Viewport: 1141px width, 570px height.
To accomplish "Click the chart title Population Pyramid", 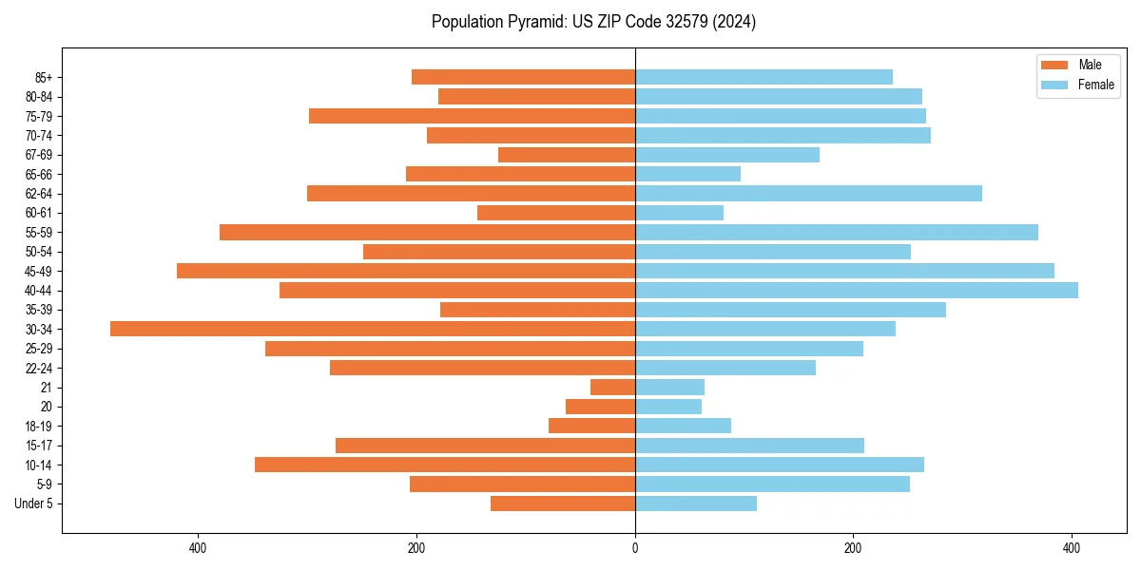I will click(x=593, y=22).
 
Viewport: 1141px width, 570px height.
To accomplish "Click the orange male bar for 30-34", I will click(x=373, y=329).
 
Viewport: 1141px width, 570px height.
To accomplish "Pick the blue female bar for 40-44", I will click(x=857, y=290).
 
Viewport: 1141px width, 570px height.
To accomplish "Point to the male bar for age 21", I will click(x=612, y=387).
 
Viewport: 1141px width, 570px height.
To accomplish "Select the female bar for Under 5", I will click(x=696, y=503).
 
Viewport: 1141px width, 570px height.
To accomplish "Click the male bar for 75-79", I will click(x=472, y=116).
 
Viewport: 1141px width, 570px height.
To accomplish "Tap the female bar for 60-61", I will click(x=679, y=213).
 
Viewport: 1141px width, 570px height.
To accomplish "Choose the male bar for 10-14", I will click(x=445, y=465).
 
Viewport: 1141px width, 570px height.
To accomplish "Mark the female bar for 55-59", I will click(x=837, y=232).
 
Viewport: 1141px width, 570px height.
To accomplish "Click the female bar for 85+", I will click(x=764, y=77).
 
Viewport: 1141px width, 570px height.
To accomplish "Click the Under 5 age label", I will click(x=34, y=503).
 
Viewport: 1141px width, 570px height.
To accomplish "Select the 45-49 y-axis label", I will click(x=39, y=271).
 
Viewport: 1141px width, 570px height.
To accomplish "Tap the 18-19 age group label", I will click(x=39, y=426).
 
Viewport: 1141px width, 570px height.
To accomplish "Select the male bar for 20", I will click(x=600, y=407).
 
